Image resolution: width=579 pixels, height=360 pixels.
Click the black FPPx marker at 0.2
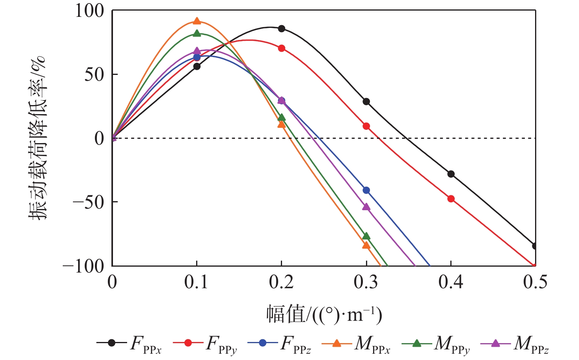[x=281, y=29]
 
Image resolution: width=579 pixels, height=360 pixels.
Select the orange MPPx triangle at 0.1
[x=197, y=21]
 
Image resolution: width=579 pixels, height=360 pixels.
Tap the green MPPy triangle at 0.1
[x=197, y=34]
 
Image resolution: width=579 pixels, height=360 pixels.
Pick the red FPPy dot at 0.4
[x=451, y=199]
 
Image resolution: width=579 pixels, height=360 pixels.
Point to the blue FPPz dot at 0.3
[x=366, y=190]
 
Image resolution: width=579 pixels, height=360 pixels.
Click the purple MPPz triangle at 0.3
[x=366, y=207]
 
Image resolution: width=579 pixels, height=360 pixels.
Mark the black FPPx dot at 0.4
[x=451, y=174]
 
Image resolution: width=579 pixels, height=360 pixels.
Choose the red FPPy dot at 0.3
[x=366, y=126]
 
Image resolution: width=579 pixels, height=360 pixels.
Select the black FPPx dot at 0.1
[x=197, y=66]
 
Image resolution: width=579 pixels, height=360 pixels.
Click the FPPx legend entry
[x=129, y=344]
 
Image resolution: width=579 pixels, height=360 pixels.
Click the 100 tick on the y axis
[x=90, y=11]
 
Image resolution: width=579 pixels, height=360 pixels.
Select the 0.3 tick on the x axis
[x=366, y=282]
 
